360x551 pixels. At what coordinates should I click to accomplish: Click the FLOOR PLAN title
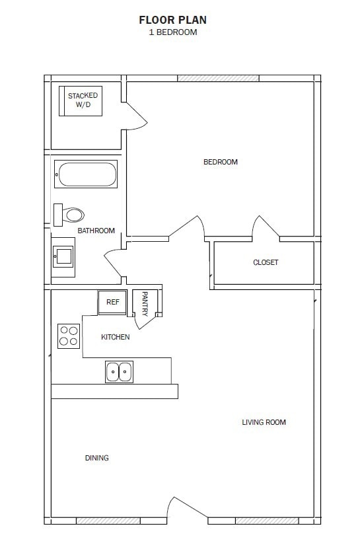point(172,20)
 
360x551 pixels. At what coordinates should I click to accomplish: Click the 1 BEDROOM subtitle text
point(172,32)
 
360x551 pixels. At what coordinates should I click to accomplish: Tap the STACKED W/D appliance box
point(81,100)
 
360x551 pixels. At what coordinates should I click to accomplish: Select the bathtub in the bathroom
point(86,174)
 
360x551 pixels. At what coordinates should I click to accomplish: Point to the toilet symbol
point(69,214)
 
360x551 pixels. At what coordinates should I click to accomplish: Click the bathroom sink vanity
point(63,256)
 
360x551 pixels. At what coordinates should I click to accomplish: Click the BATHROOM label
point(96,231)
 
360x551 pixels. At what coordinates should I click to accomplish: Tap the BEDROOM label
point(220,162)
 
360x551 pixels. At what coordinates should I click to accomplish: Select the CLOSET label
point(266,262)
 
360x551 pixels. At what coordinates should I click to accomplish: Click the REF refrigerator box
point(113,302)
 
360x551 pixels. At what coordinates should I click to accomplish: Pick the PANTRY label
point(145,304)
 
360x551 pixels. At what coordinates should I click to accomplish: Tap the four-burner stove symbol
point(68,336)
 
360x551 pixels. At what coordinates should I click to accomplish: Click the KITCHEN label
point(115,337)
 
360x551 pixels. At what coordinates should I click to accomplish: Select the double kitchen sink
point(120,372)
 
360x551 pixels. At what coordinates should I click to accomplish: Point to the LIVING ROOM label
point(264,422)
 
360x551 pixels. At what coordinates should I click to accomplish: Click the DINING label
point(97,458)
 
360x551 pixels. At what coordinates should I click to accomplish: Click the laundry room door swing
point(137,116)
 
